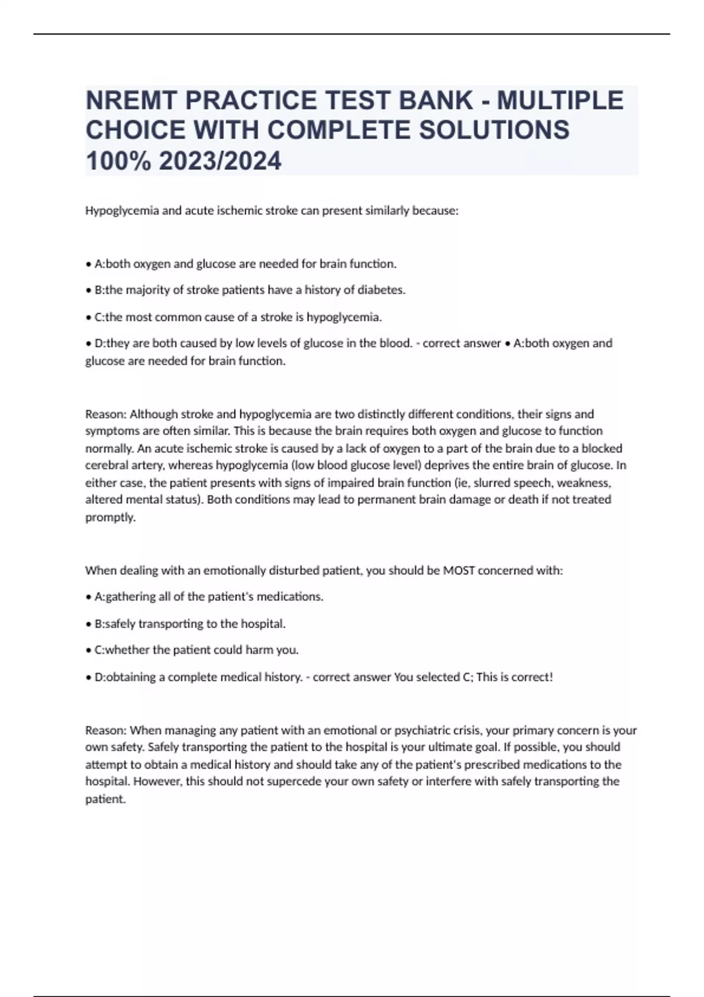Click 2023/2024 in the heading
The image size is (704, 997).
pos(220,161)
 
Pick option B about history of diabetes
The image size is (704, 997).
pos(249,290)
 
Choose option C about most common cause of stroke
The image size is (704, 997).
pos(238,317)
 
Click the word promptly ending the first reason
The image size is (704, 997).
pos(110,517)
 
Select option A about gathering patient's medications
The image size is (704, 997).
pos(208,596)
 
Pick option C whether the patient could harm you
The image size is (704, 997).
pos(196,650)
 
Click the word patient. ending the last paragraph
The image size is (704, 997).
pos(106,799)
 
